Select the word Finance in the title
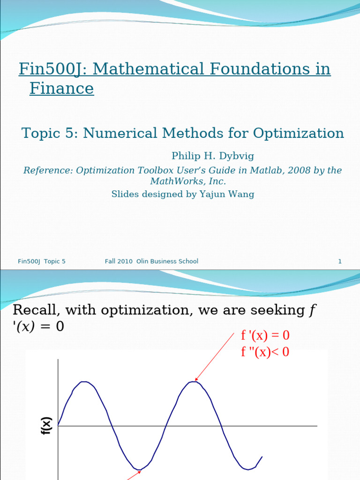coord(61,88)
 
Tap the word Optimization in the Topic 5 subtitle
coord(299,133)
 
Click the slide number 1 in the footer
coord(340,262)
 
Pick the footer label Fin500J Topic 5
coord(42,262)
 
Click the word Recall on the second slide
coord(35,310)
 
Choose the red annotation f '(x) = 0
coord(265,336)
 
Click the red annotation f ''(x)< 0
coord(265,352)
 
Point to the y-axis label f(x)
coord(47,426)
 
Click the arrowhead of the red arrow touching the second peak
coord(196,380)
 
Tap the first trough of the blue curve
coord(139,469)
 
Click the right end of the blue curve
coord(262,457)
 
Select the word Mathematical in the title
coord(151,69)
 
